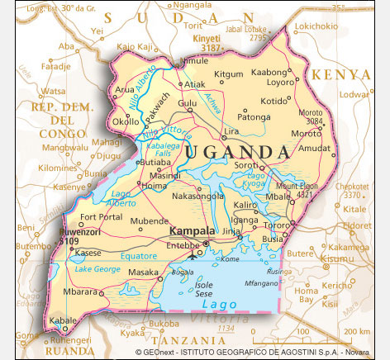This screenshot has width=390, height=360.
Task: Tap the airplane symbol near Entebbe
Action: (193, 253)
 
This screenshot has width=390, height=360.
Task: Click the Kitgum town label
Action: (229, 74)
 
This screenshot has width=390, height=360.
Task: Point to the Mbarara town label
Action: (82, 291)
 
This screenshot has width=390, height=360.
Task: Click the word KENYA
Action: (340, 74)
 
